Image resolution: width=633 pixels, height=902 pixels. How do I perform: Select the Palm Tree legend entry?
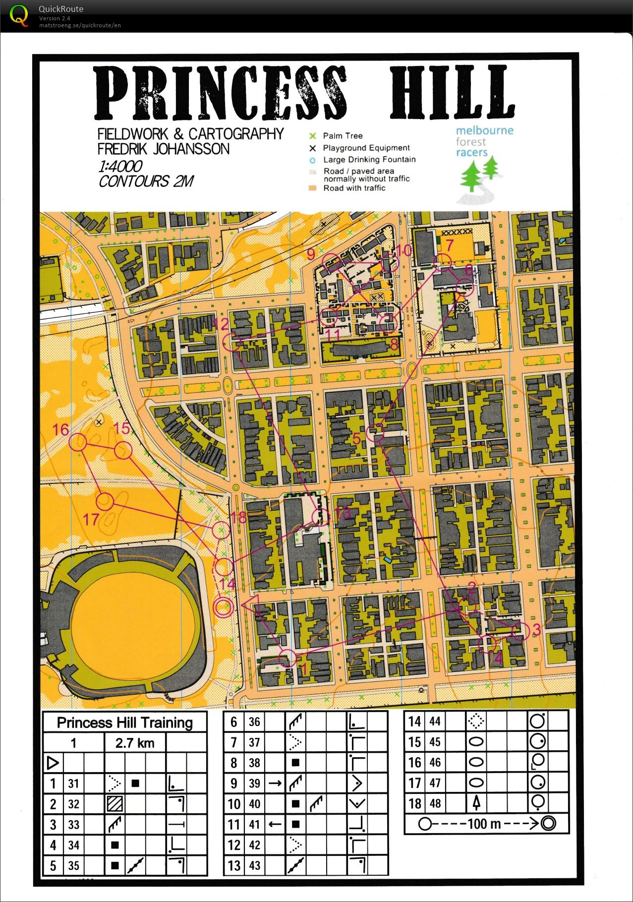click(343, 136)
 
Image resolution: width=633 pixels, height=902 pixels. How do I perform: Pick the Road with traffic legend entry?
click(354, 188)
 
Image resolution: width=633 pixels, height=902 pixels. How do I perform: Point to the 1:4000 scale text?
click(120, 166)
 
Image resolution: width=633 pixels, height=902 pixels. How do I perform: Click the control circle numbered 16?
click(78, 442)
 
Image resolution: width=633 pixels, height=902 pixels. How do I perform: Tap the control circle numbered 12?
click(232, 343)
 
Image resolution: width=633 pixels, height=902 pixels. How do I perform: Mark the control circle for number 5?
click(375, 433)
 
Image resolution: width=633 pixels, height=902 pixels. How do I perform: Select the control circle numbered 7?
click(443, 262)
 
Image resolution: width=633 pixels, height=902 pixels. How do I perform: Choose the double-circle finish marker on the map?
click(223, 607)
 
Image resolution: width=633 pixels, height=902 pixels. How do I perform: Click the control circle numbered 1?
click(287, 659)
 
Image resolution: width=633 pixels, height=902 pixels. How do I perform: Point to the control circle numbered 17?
click(105, 501)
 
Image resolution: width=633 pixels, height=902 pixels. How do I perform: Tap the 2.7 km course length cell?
click(135, 743)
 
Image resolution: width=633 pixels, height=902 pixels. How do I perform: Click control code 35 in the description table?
click(73, 866)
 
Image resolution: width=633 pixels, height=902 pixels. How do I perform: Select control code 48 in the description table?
click(435, 803)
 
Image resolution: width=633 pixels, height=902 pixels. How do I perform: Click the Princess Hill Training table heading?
click(124, 722)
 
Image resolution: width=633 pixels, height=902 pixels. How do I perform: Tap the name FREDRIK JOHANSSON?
click(163, 149)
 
